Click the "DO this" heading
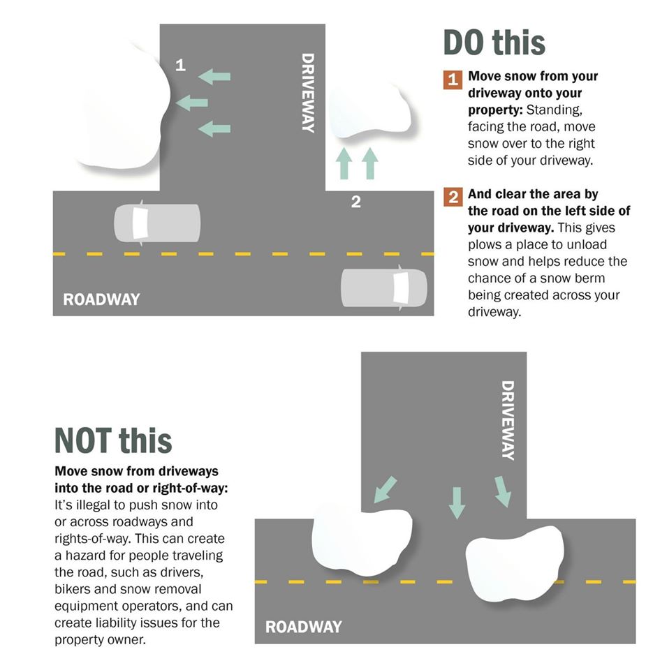point(494,43)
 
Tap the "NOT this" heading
point(113,440)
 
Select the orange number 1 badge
point(453,80)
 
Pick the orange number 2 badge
point(453,197)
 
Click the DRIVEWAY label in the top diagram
point(308,93)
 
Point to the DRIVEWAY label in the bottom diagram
point(508,420)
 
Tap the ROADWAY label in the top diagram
point(101,299)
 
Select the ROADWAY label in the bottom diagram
point(304,627)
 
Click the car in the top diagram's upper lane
point(157,223)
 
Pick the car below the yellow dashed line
point(384,288)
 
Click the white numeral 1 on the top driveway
point(180,65)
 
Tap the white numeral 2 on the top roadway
point(355,202)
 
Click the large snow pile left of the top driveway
point(124,107)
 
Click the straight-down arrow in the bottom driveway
point(457,503)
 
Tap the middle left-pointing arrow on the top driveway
point(192,103)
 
